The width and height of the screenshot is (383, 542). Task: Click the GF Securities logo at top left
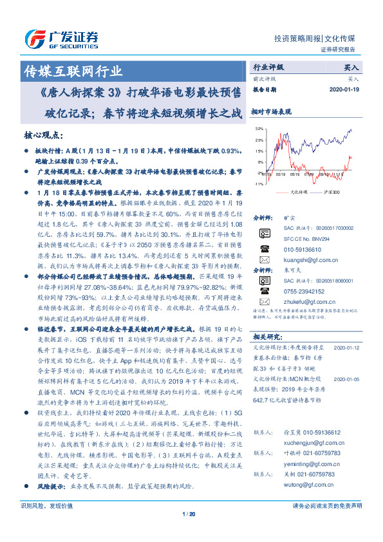61,37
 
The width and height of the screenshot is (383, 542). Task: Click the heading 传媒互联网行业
71,71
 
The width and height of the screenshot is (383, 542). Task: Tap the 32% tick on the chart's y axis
259,129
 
